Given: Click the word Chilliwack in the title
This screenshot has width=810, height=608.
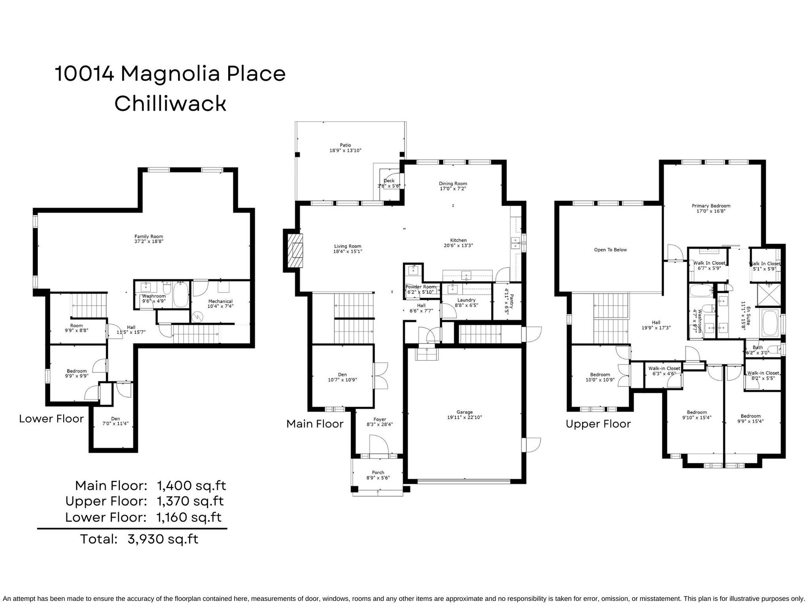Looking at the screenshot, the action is pyautogui.click(x=170, y=103).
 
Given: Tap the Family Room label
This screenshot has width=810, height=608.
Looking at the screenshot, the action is pyautogui.click(x=148, y=236).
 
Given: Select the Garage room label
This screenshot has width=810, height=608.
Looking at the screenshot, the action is pyautogui.click(x=464, y=412).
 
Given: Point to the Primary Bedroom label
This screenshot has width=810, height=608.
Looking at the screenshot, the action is pyautogui.click(x=711, y=206).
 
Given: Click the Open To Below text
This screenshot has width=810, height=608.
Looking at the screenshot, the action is pyautogui.click(x=610, y=250).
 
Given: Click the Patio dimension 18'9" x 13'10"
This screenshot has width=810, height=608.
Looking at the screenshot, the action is pyautogui.click(x=346, y=150).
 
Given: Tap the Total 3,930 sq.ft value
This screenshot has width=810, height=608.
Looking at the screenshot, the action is pyautogui.click(x=163, y=539).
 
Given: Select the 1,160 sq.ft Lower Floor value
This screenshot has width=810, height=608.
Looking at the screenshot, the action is pyautogui.click(x=189, y=517).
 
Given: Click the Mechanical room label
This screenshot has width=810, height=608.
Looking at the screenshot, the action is pyautogui.click(x=220, y=301).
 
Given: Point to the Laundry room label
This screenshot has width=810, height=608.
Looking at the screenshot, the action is pyautogui.click(x=466, y=300).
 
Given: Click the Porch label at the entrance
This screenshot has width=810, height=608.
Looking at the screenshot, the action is pyautogui.click(x=378, y=472).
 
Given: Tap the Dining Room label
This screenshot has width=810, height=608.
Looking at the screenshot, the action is pyautogui.click(x=453, y=184).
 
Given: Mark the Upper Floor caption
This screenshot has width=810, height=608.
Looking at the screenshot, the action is pyautogui.click(x=598, y=424).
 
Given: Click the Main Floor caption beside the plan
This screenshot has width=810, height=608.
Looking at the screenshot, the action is pyautogui.click(x=315, y=424).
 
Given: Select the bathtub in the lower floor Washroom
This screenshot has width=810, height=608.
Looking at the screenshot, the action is pyautogui.click(x=181, y=295).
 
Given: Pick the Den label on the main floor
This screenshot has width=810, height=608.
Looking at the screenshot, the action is pyautogui.click(x=342, y=375).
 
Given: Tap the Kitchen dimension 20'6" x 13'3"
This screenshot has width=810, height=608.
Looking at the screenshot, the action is pyautogui.click(x=458, y=245).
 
